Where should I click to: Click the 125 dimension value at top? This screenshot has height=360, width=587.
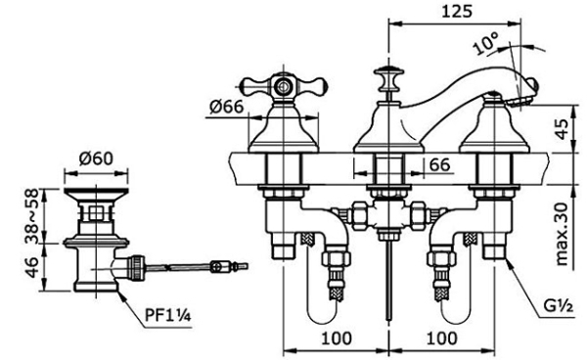click(457, 11)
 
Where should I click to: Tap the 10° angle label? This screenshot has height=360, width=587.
click(486, 43)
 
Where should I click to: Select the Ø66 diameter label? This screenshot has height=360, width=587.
click(227, 107)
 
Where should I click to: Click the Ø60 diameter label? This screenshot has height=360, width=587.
click(96, 158)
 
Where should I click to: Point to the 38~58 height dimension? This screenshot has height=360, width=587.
click(32, 216)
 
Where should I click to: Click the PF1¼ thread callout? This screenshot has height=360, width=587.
click(168, 315)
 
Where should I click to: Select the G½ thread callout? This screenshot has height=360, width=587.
click(559, 307)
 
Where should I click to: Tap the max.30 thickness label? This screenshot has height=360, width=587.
click(562, 234)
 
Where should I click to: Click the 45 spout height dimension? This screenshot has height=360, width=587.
click(562, 129)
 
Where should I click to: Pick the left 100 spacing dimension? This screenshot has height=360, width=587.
click(337, 337)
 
